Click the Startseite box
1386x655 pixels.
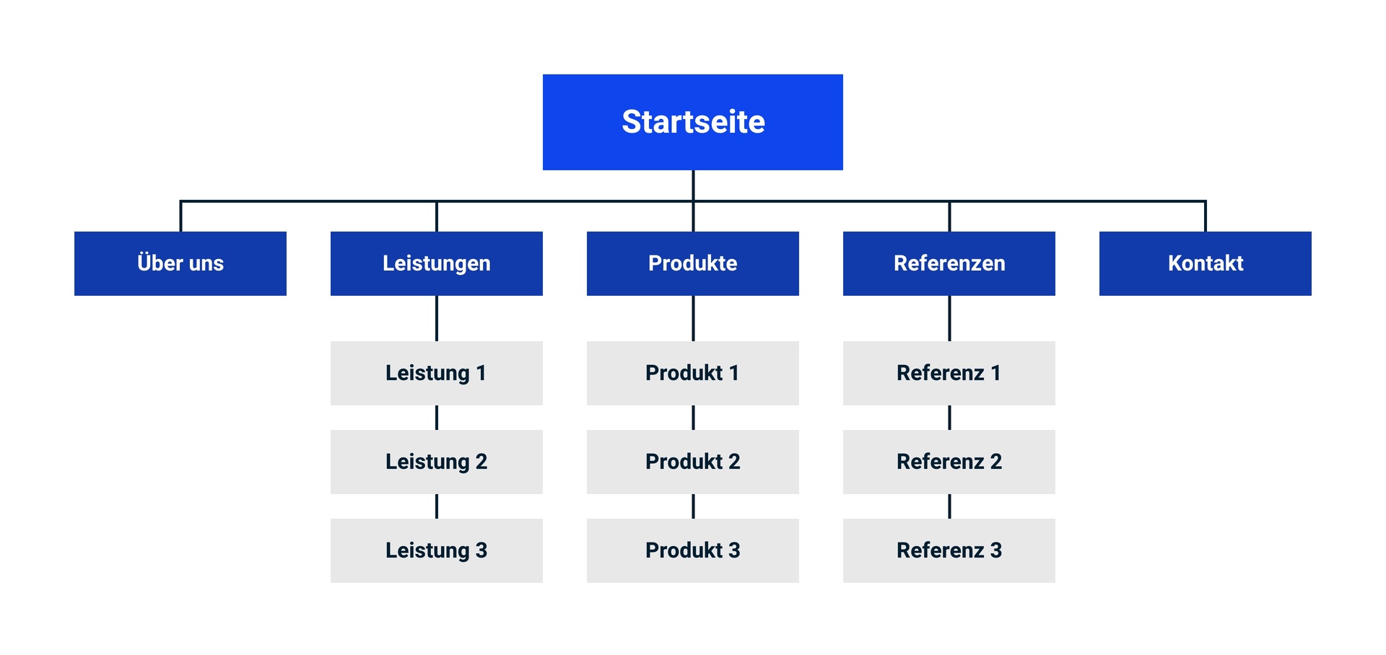point(693,122)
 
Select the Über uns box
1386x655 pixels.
point(180,263)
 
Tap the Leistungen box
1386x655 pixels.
point(437,263)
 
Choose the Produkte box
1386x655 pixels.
point(693,263)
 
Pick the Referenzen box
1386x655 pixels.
point(949,263)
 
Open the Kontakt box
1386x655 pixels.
point(1206,263)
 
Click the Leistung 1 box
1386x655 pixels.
point(437,373)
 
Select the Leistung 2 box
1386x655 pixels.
point(437,462)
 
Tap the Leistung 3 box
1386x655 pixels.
point(437,550)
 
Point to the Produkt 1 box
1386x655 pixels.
point(693,373)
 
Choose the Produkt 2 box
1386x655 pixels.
point(693,462)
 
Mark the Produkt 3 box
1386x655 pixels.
point(693,550)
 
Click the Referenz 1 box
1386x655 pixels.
point(949,373)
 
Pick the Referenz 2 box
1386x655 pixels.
point(949,462)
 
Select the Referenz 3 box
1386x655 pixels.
point(949,550)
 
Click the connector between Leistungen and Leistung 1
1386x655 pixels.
point(437,318)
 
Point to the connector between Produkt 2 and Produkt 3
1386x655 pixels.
point(693,506)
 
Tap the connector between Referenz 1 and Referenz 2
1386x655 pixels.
point(949,418)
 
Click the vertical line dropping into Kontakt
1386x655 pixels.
point(1206,216)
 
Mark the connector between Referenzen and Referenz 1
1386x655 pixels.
point(949,318)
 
